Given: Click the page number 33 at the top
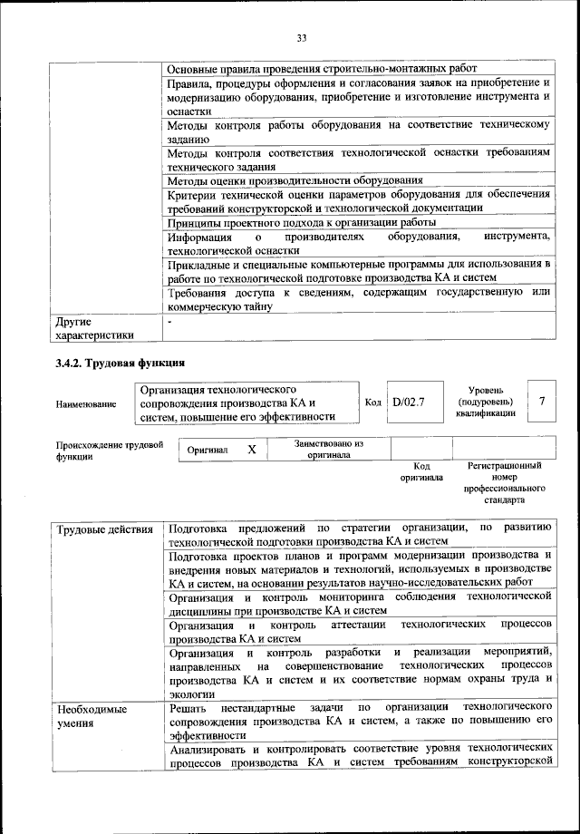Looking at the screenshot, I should click(x=302, y=37).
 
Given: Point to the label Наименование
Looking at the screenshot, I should click(x=85, y=404).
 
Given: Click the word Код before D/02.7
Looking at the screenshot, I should click(x=372, y=402).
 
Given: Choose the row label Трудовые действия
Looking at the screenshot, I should click(x=104, y=529).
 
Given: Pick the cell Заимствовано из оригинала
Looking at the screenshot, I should click(x=329, y=450).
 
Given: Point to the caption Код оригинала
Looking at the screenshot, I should click(x=421, y=470).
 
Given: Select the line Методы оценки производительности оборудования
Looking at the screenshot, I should click(x=295, y=180).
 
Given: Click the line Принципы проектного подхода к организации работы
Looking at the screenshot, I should click(x=302, y=222).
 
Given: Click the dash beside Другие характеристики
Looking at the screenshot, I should click(x=170, y=322).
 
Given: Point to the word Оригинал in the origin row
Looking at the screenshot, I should click(x=208, y=450).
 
